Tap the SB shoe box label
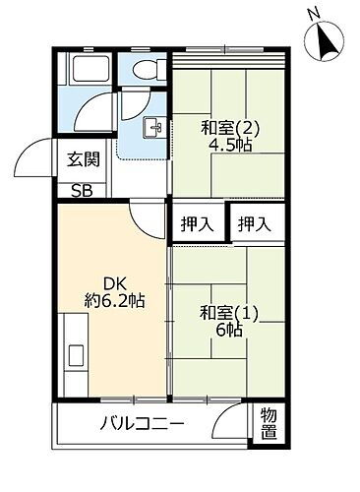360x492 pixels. (x=81, y=191)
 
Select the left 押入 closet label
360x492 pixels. (x=196, y=224)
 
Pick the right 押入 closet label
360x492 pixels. (x=254, y=224)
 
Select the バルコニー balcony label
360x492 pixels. (x=141, y=425)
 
